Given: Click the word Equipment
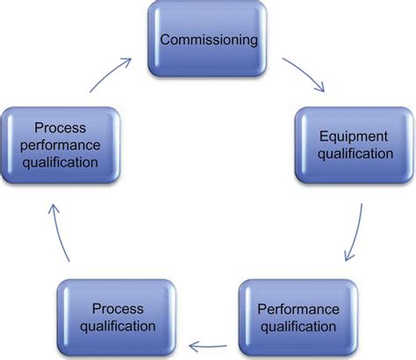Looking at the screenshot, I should [x=355, y=136].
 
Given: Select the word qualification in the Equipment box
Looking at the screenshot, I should [x=355, y=154].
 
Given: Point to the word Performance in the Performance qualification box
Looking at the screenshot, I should [x=297, y=309].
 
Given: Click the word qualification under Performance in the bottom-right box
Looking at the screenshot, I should [x=297, y=327].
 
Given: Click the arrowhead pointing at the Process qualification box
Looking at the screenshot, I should [x=195, y=345].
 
